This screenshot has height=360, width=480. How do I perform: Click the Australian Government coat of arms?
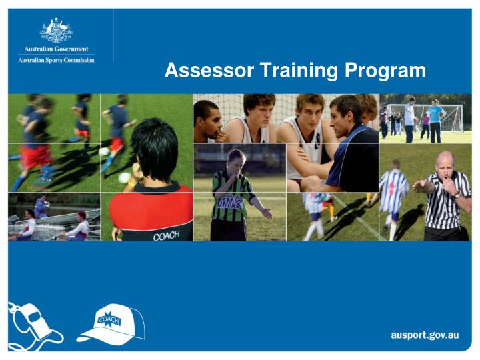pos(57,31)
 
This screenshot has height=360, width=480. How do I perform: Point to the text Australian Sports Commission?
pos(57,60)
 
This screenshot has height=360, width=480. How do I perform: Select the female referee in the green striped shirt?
pos(233,193)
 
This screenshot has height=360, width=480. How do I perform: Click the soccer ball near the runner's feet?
pos(124,177)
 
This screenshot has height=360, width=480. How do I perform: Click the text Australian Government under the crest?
pos(57,49)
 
